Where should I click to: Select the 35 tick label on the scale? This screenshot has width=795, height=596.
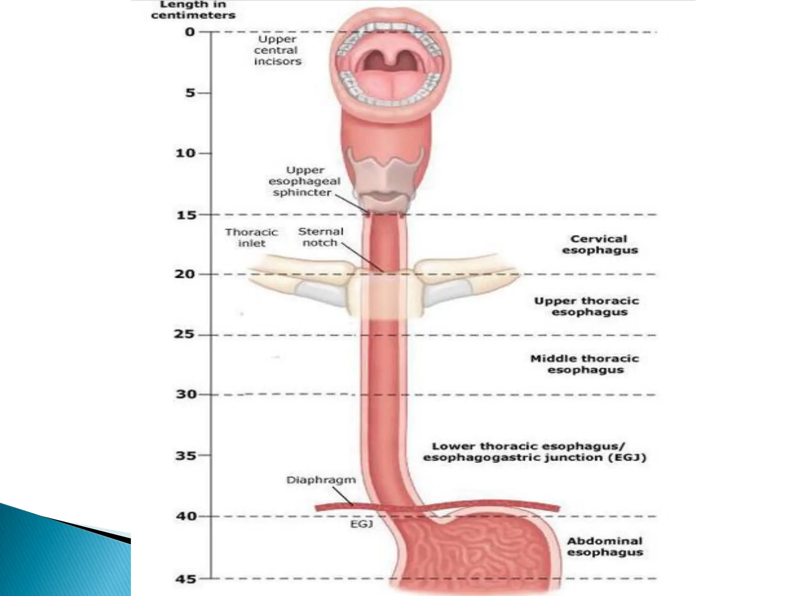186,455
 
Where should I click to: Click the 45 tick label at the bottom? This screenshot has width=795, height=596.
186,579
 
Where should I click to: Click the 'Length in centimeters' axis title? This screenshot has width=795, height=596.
193,10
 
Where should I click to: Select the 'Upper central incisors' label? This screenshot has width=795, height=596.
277,50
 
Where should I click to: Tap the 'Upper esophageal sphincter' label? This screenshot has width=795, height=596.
304,181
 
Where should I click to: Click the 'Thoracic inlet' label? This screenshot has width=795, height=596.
252,237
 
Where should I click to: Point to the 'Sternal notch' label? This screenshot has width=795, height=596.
321,237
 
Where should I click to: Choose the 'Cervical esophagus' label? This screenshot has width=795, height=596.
600,244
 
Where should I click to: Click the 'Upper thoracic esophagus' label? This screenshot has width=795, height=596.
586,306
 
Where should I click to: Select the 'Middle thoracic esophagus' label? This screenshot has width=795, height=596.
585,364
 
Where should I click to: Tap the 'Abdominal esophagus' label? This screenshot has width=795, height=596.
605,546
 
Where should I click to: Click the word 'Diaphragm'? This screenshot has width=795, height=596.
321,480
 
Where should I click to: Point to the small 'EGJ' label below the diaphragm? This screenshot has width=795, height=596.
361,524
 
